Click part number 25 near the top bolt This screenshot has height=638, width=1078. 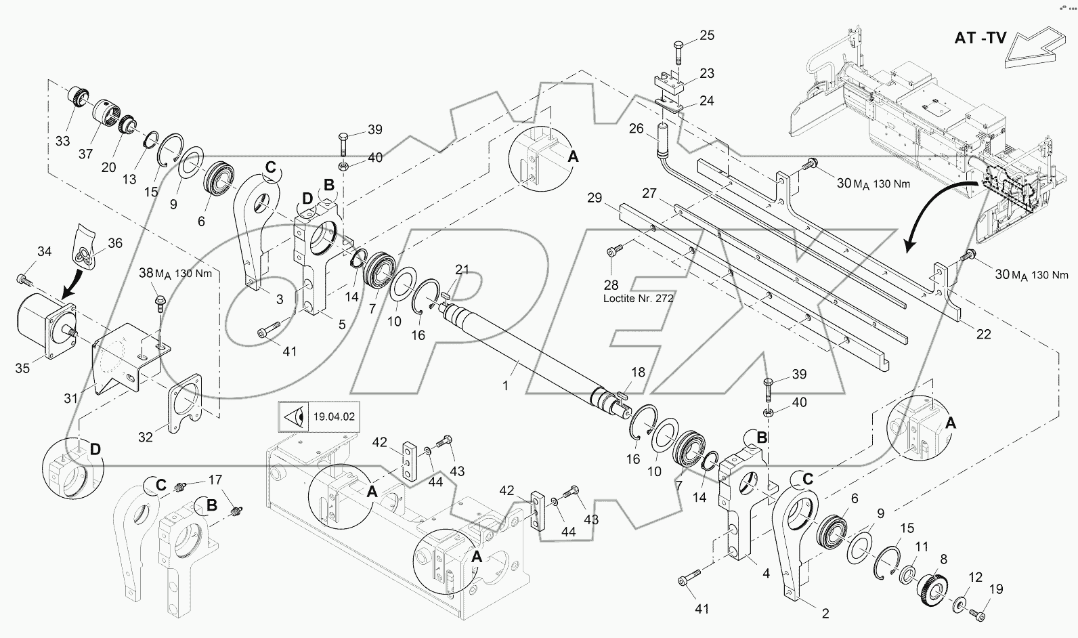point(706,35)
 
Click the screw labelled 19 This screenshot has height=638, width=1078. point(976,614)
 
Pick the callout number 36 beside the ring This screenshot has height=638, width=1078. point(115,242)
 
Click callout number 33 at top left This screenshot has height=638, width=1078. point(62,141)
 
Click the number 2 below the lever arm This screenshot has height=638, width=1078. point(825,614)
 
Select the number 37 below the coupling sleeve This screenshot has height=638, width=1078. point(85,154)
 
